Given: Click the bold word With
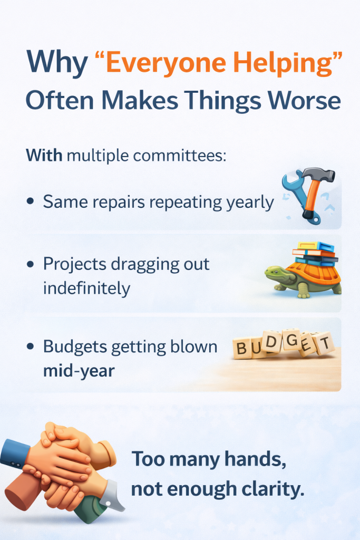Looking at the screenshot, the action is coord(44,156).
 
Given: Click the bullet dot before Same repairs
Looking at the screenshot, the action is coord(30,201).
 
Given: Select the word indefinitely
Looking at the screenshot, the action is coord(87,288).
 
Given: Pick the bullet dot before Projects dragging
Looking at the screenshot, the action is coord(30,264).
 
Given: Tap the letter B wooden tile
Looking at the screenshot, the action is coord(242,349).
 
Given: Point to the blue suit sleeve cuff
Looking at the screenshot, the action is coord(14,454).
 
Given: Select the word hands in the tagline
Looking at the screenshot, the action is coord(255,459).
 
